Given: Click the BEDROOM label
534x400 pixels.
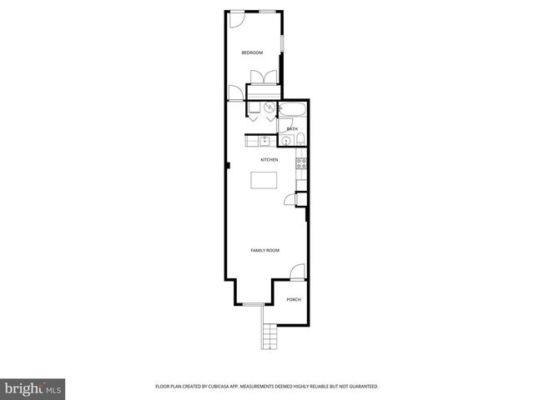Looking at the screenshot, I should click(252, 53).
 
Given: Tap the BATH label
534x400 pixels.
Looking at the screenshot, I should click(292, 129).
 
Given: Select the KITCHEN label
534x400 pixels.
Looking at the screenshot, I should click(269, 160).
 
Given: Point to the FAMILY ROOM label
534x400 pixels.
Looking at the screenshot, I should click(265, 250).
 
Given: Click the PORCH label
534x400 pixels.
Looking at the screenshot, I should click(293, 300).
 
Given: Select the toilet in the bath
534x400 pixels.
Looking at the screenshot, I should click(302, 139).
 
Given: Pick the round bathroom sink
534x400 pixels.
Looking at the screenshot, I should click(286, 140).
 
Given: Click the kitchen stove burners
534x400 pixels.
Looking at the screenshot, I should click(302, 163).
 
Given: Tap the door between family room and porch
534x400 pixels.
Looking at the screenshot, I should click(297, 272).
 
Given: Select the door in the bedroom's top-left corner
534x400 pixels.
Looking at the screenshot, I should click(235, 17).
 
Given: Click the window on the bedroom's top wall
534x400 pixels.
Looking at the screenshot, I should click(267, 11).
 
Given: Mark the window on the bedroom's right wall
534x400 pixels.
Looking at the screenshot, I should click(281, 42).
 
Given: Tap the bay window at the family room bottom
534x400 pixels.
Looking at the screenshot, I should click(253, 304).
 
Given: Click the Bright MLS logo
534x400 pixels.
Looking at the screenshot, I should click(31, 388).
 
